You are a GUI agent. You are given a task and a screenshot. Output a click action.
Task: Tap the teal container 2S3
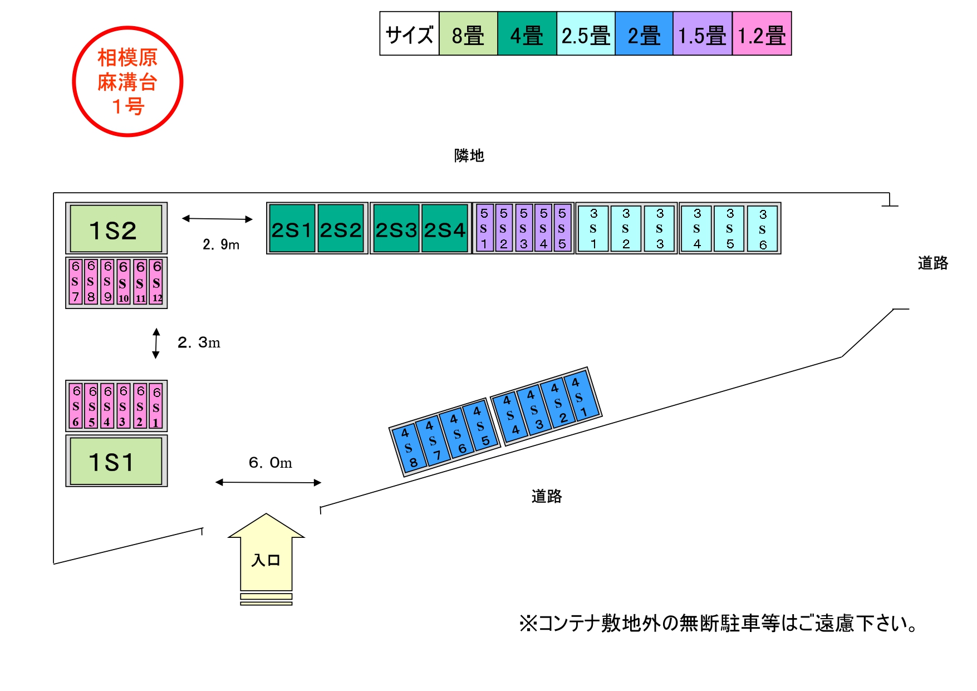[396, 228]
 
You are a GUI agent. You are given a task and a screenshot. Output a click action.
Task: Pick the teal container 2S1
[292, 228]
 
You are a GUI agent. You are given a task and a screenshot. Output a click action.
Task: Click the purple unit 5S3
[523, 228]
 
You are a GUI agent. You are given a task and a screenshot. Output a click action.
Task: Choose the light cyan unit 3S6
[763, 229]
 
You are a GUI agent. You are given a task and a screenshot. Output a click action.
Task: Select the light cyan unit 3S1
[593, 228]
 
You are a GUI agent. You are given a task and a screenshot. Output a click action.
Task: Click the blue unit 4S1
[581, 397]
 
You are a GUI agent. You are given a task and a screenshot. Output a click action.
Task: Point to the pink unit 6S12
[157, 282]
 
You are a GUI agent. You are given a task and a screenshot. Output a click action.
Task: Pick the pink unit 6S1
[156, 406]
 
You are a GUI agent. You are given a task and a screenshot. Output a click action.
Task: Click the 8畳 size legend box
[468, 33]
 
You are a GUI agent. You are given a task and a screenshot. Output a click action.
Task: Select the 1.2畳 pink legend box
[762, 33]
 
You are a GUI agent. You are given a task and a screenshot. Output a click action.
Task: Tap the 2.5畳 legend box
[586, 33]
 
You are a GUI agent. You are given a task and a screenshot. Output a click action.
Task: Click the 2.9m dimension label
[221, 244]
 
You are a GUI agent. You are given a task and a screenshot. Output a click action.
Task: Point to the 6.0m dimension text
[270, 463]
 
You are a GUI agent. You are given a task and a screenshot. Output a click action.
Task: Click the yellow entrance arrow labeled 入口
[266, 557]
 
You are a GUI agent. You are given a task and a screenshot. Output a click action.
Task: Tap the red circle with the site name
[127, 81]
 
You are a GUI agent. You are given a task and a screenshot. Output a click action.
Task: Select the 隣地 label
[469, 155]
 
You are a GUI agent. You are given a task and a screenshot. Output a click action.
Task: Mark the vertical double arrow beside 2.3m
[156, 343]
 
